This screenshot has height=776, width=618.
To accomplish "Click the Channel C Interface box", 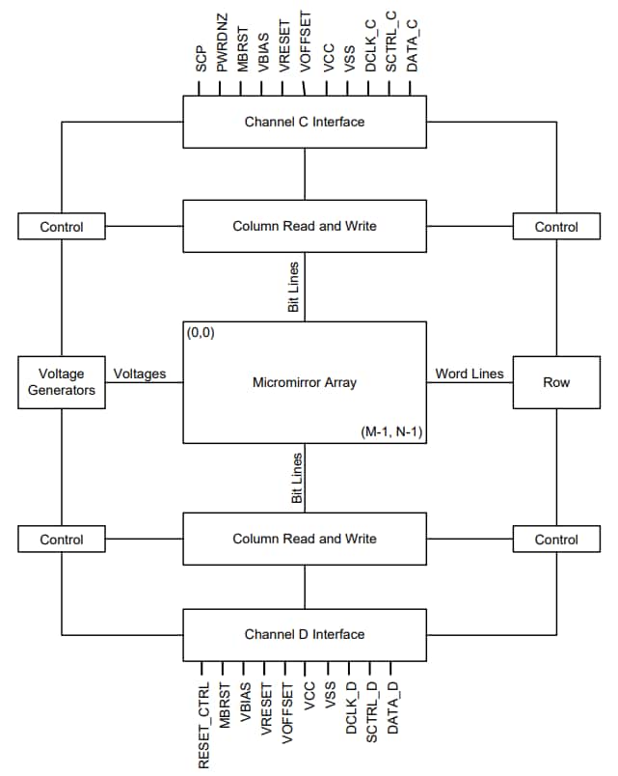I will click(x=305, y=123).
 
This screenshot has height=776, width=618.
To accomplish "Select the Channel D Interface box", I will click(x=305, y=634).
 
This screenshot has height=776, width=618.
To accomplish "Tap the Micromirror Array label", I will click(x=305, y=383).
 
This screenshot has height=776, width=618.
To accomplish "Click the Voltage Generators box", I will click(x=62, y=382).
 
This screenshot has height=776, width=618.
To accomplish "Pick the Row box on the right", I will click(x=556, y=382).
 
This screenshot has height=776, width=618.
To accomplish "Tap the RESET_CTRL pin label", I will click(x=203, y=724).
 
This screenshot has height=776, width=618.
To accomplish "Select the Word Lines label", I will click(x=470, y=374).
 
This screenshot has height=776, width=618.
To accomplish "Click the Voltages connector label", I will click(x=140, y=374).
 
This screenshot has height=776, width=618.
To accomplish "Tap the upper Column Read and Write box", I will click(x=305, y=226).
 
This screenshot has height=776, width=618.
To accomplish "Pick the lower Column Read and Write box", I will click(x=305, y=539).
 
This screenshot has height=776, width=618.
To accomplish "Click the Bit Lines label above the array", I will click(x=295, y=285).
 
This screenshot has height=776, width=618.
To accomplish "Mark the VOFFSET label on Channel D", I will click(x=287, y=711).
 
